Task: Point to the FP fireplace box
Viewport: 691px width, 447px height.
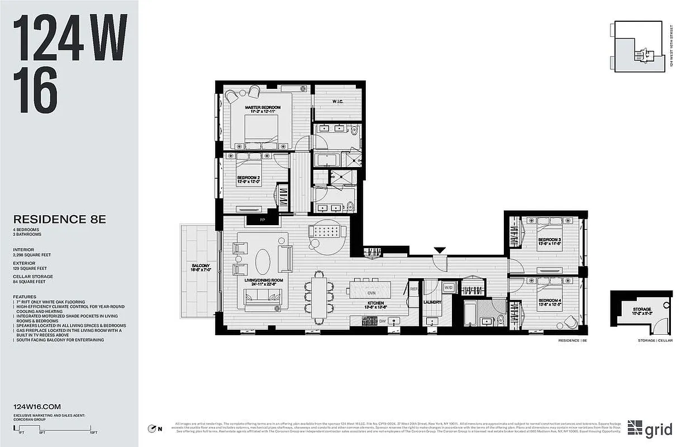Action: coord(262,220)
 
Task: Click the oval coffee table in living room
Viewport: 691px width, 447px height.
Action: coord(264,260)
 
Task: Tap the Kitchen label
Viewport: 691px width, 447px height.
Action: coord(373,306)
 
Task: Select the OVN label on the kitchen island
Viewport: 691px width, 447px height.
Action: coord(371,292)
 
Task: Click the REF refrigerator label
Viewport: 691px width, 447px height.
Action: coord(414,289)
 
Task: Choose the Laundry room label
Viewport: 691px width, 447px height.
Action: coord(432,302)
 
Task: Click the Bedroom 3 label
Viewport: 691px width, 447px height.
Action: coord(550,240)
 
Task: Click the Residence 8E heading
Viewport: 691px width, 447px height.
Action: coord(59,220)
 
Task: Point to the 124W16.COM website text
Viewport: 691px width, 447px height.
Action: coord(36,407)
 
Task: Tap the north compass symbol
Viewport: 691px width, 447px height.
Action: coord(151,429)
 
